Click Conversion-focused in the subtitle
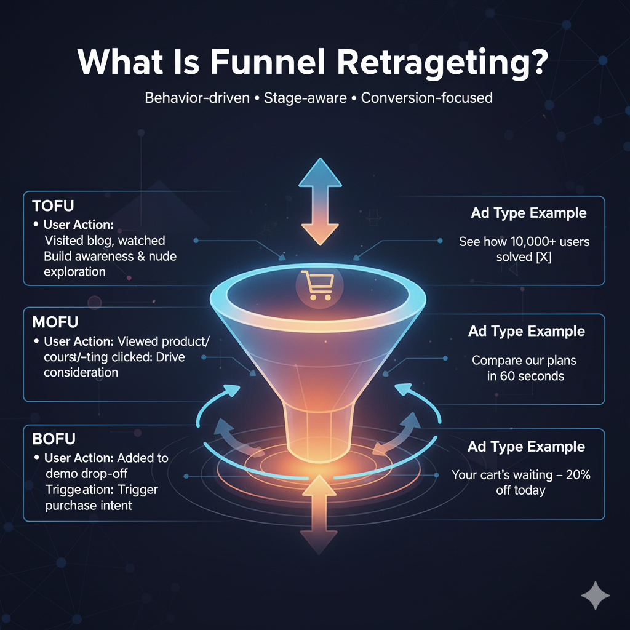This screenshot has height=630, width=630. click(x=427, y=97)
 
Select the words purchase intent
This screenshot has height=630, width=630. click(x=88, y=506)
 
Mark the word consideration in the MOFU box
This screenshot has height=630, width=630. click(x=81, y=372)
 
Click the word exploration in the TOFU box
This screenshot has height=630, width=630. click(x=74, y=271)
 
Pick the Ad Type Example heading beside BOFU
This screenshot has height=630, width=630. click(x=526, y=447)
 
